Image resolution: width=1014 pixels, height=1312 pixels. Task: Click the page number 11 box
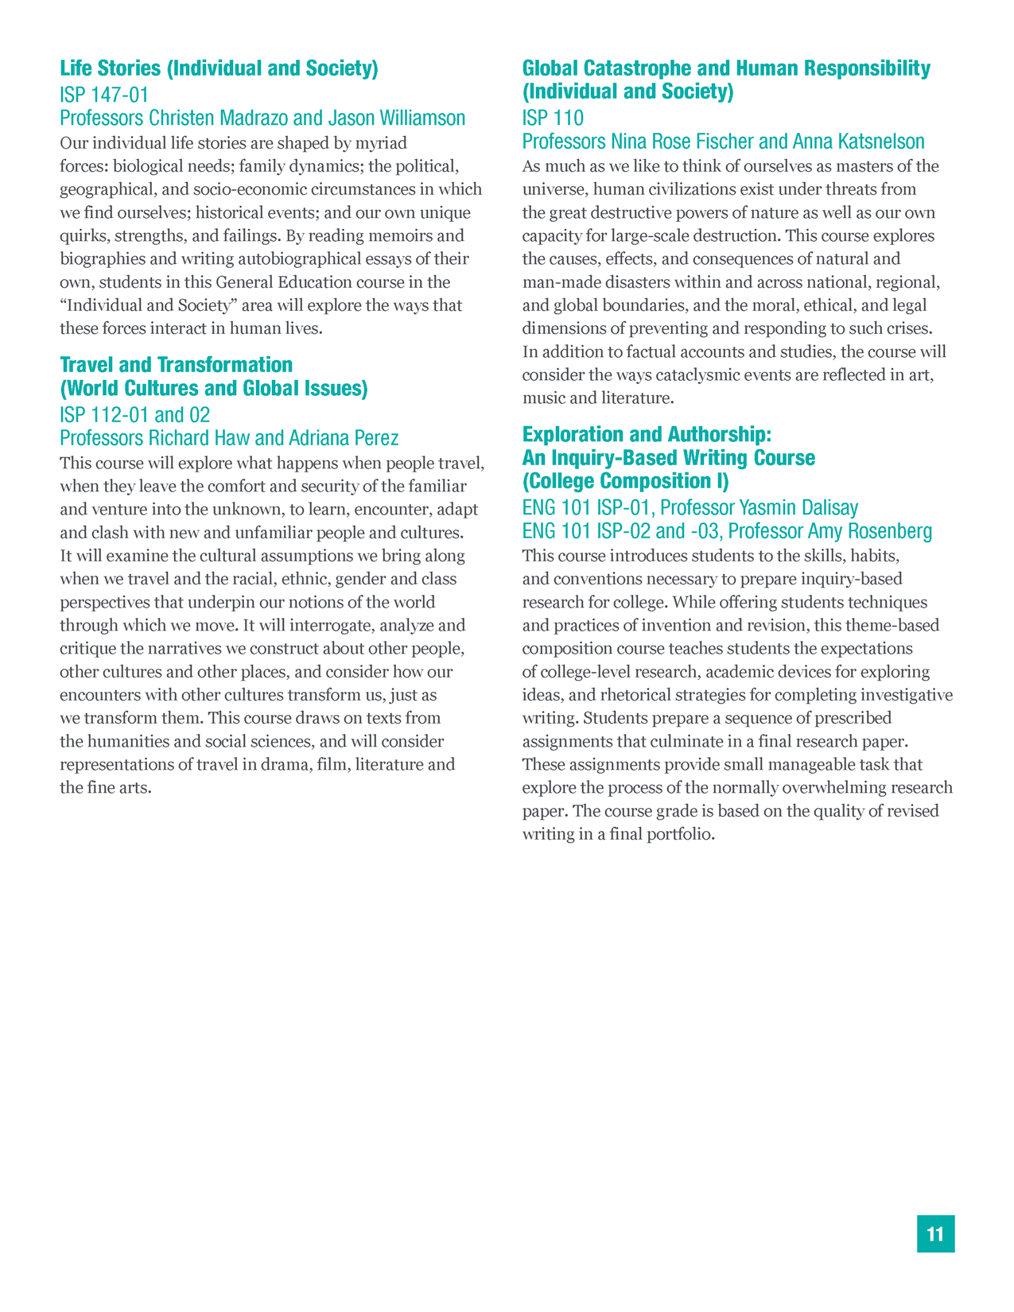click(935, 1233)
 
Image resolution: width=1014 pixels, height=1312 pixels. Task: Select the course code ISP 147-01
click(104, 95)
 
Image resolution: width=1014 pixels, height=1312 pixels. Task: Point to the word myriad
click(380, 143)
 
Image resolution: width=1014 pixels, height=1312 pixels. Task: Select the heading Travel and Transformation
click(177, 365)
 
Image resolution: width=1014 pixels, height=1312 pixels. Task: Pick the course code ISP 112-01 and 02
click(135, 414)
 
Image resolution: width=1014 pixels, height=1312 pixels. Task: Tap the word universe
click(553, 189)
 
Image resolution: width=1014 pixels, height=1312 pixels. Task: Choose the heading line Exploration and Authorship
click(647, 434)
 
